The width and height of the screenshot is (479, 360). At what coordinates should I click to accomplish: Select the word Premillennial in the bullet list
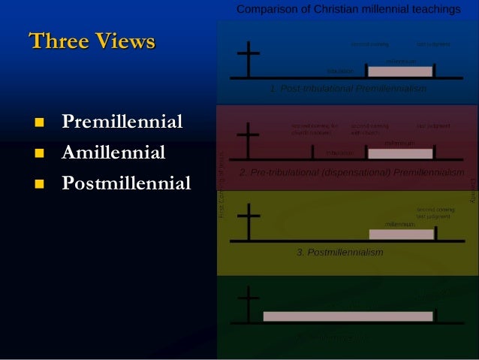click(122, 122)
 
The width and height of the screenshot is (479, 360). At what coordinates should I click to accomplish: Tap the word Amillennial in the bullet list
click(113, 153)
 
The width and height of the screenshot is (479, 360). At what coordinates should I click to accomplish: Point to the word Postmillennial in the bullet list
click(126, 183)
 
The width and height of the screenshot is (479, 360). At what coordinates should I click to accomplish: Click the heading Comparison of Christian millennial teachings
click(348, 10)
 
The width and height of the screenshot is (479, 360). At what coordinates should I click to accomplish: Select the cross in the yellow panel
click(248, 222)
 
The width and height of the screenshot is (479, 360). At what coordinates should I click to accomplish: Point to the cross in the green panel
click(248, 305)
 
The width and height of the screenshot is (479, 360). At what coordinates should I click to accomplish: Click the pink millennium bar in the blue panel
click(400, 71)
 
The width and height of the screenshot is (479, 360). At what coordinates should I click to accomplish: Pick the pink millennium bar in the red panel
click(400, 153)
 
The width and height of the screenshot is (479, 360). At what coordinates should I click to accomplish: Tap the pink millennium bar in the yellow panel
click(402, 234)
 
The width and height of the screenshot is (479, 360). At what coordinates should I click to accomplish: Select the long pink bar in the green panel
click(348, 316)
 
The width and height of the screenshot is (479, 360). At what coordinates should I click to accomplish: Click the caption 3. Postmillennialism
click(340, 253)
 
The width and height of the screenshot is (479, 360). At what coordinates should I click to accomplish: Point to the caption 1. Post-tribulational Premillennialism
click(348, 89)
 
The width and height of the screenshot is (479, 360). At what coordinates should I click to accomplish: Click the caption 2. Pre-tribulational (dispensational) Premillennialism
click(351, 172)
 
